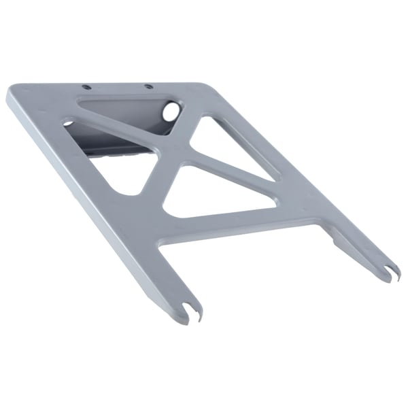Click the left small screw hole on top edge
[x=86, y=87]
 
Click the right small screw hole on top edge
[x=147, y=87]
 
